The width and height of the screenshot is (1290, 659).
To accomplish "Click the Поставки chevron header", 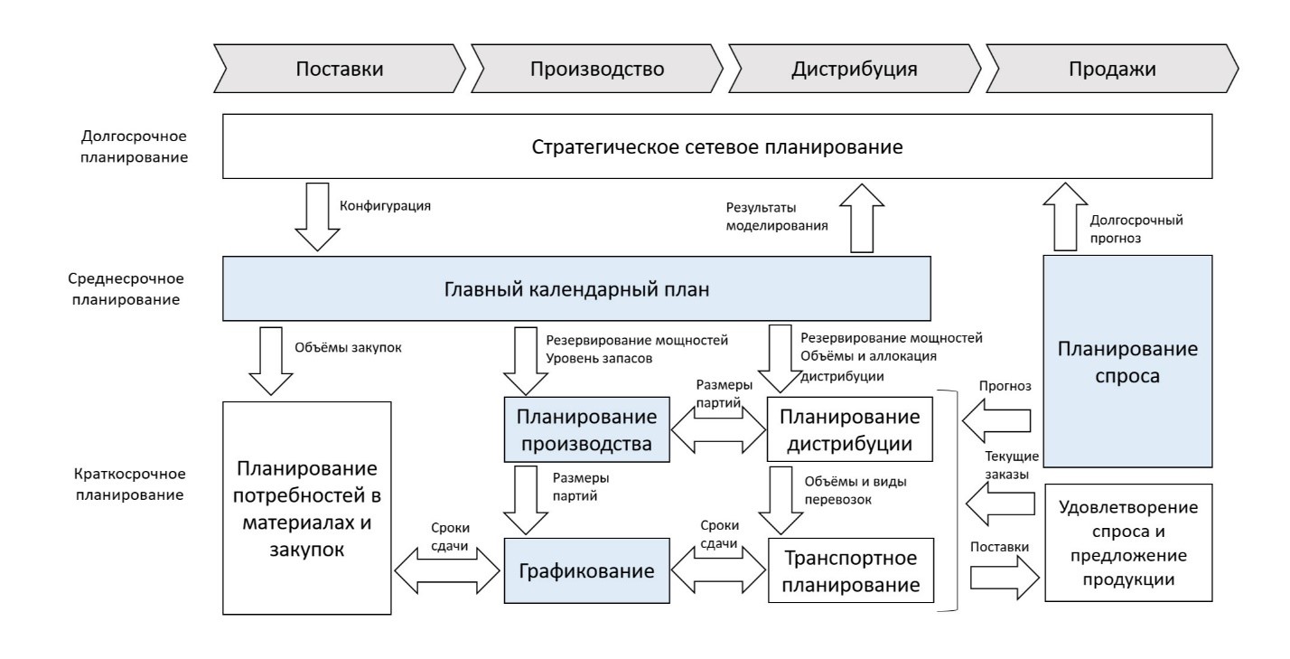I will click(x=339, y=70).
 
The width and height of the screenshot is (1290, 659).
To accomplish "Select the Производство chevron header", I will click(x=597, y=70).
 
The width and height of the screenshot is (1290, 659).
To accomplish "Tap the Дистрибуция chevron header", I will click(x=855, y=70).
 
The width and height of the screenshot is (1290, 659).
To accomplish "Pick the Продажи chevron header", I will click(x=1111, y=70).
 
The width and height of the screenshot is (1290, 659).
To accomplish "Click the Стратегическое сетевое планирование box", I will click(x=716, y=146).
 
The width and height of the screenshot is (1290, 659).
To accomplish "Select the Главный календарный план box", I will click(x=576, y=288).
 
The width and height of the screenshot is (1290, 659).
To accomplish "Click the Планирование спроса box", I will click(x=1127, y=361).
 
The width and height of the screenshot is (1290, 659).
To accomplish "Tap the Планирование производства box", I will click(x=584, y=430).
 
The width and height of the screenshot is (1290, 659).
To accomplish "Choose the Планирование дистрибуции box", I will click(x=848, y=430).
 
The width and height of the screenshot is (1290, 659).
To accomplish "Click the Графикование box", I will click(x=584, y=571).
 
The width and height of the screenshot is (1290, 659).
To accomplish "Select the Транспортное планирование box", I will click(x=848, y=571).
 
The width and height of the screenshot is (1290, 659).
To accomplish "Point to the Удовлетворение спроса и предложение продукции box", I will click(x=1127, y=542).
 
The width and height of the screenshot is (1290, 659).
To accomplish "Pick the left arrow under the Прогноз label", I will click(x=997, y=421).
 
